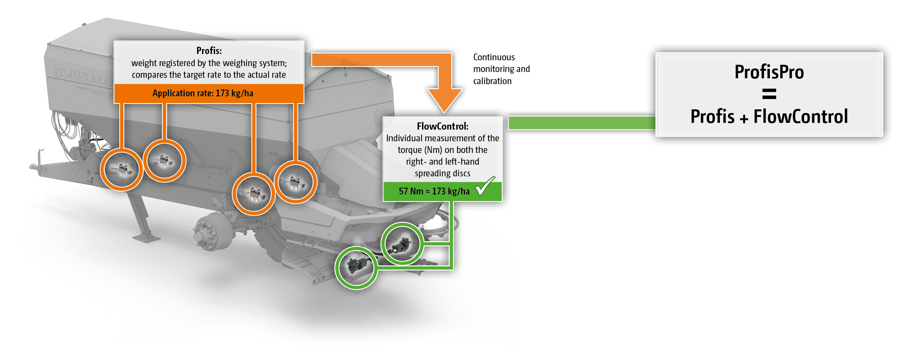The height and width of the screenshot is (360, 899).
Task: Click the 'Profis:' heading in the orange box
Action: tap(209, 51)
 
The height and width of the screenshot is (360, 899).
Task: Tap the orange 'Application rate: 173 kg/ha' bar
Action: tap(203, 94)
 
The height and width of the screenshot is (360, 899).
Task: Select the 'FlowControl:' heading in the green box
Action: tap(442, 126)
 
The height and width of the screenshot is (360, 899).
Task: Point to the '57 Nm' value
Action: tap(411, 191)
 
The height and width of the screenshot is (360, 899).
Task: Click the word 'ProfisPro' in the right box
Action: tap(769, 72)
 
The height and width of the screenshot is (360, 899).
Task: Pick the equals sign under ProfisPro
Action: tap(769, 94)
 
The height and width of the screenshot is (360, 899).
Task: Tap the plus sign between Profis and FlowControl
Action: tap(744, 118)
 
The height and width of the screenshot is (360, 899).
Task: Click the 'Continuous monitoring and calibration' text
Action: tap(501, 69)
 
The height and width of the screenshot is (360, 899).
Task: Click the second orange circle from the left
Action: tap(164, 161)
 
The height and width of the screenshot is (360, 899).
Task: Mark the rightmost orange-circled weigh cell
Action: tap(296, 182)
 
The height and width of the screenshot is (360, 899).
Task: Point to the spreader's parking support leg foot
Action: tap(145, 237)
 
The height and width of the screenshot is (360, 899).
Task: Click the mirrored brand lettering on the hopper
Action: tap(81, 76)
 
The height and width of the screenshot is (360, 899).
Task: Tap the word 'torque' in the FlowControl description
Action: tap(409, 150)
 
